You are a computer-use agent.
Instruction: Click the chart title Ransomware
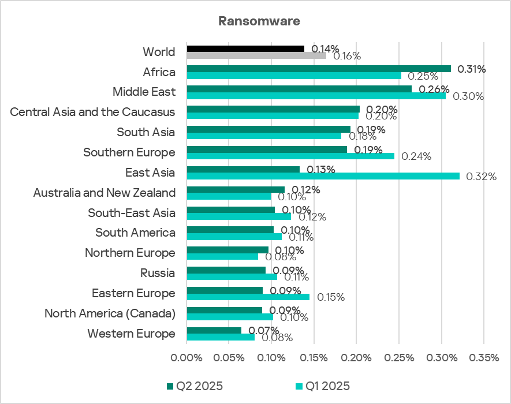click(259, 21)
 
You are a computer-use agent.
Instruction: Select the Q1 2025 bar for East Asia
click(323, 176)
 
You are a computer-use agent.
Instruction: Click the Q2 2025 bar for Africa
click(319, 69)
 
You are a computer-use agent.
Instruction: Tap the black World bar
click(245, 48)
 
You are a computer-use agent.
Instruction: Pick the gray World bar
click(256, 55)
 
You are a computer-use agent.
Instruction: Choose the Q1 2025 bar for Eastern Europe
click(248, 297)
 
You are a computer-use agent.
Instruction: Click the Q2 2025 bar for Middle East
click(299, 89)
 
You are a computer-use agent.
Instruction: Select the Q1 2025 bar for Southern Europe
click(290, 156)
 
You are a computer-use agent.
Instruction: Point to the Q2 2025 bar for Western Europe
click(214, 330)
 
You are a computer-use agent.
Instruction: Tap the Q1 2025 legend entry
click(323, 386)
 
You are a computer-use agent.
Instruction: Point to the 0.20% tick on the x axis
click(356, 358)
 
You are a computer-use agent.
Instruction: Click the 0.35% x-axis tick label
click(484, 358)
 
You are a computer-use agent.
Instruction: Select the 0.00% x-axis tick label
click(187, 358)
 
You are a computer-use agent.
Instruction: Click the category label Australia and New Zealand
click(104, 192)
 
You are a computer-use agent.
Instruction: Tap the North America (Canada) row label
click(110, 313)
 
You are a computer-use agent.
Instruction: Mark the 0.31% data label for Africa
click(471, 69)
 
